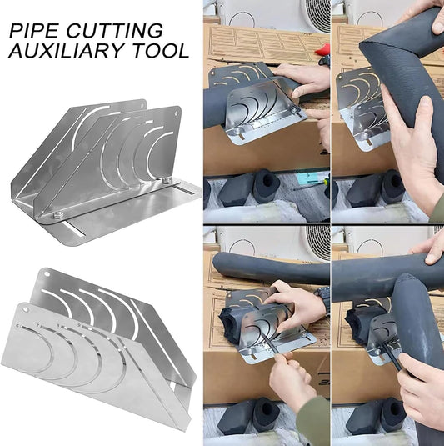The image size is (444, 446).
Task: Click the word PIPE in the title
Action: (34, 31)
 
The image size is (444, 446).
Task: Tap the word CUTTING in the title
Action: (115, 31)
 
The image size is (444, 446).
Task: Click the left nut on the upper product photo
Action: (58, 215)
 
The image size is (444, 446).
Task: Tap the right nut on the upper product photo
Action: (167, 180)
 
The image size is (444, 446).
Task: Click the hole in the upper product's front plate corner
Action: (177, 113)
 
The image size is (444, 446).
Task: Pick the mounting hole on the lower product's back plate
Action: (47, 274)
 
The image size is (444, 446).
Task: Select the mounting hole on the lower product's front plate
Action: (26, 309)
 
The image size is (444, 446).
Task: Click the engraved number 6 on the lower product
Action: (19, 326)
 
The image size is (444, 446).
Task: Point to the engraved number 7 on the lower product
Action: (38, 324)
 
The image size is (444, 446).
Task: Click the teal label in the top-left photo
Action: (312, 178)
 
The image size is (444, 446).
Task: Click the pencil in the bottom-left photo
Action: (270, 345)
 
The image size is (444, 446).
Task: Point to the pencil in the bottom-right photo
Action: (393, 357)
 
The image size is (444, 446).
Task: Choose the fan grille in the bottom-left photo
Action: (317, 243)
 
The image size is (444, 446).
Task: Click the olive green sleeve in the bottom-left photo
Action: (313, 420)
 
